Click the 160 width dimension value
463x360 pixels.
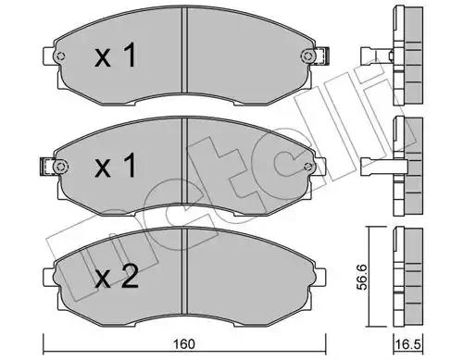[183, 344]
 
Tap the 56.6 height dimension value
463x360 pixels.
[362, 277]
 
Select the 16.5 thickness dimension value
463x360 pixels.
[408, 344]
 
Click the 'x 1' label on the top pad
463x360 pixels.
[116, 56]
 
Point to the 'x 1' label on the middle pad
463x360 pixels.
[116, 166]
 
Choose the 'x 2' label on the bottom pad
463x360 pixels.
[117, 277]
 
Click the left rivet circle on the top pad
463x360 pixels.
[61, 56]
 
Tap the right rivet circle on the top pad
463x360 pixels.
[307, 56]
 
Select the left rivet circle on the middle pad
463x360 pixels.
[60, 167]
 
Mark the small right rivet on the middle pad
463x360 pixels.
[307, 167]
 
